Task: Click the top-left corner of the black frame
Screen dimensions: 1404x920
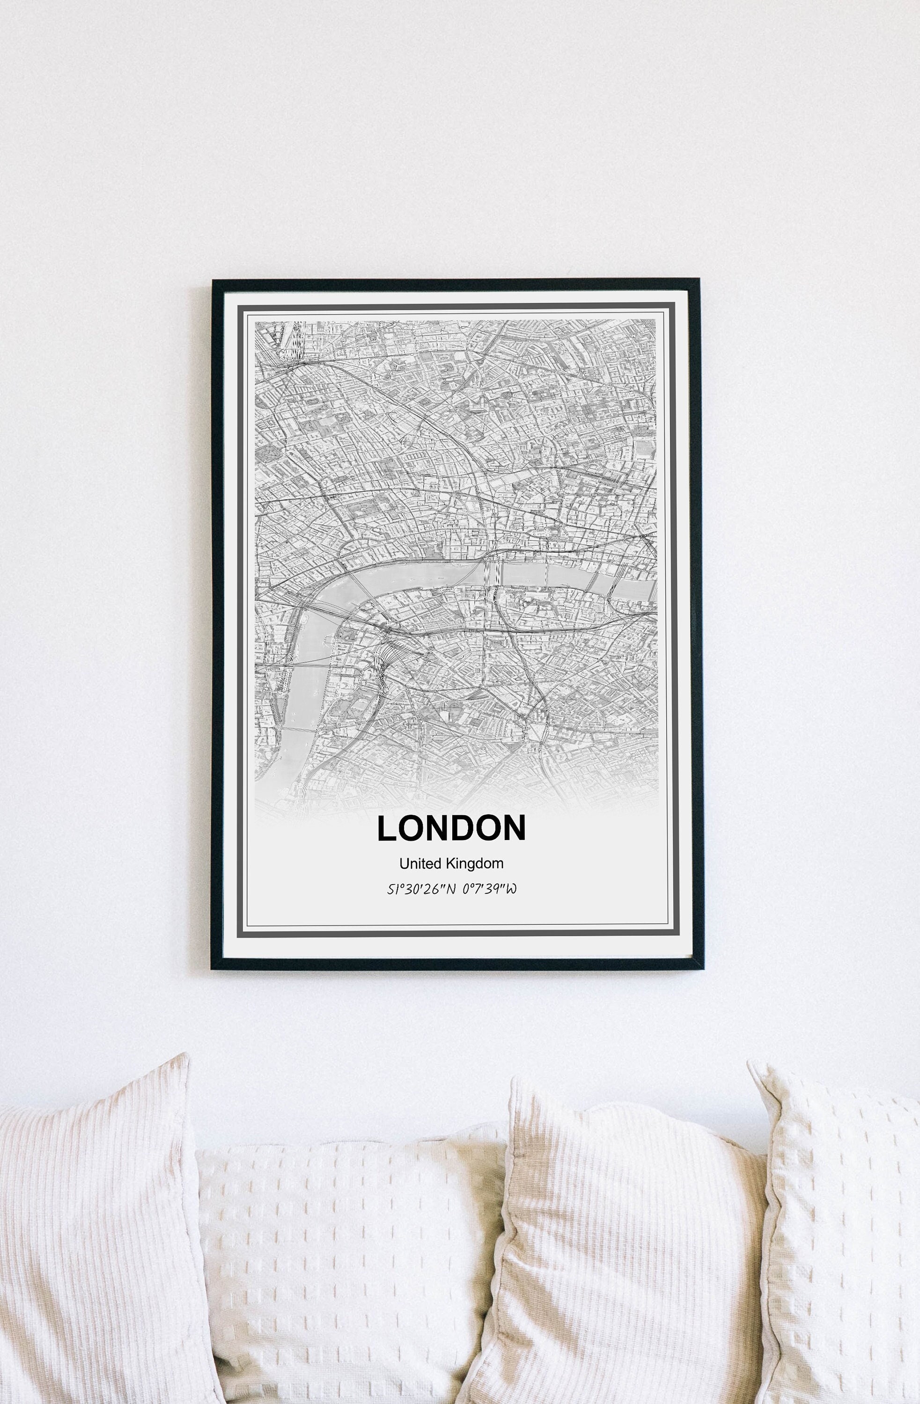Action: coord(213,281)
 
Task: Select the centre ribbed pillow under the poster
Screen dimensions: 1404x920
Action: coord(619,1250)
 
